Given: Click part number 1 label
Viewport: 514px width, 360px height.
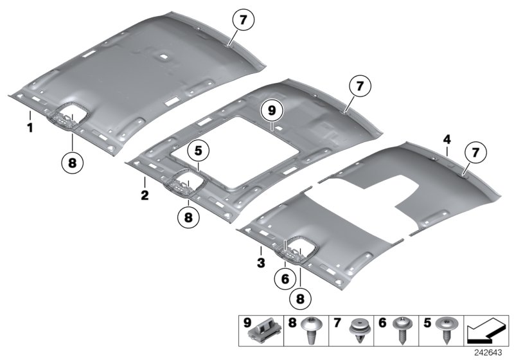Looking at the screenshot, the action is (30, 128).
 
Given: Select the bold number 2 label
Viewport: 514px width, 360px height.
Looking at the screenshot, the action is (145, 195).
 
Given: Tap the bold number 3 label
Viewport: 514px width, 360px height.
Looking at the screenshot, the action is (261, 263).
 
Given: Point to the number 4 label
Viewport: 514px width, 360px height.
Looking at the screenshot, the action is (447, 140).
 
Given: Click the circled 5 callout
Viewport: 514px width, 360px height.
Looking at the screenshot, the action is (199, 151).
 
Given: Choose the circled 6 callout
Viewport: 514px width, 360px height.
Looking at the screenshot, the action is (285, 279).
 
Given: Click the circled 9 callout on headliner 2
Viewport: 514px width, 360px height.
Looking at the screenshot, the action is (272, 111).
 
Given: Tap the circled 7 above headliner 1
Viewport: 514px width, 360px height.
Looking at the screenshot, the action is (243, 21).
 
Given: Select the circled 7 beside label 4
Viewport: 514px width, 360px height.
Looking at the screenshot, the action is (475, 152).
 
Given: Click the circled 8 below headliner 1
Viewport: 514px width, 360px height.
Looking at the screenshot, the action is (72, 162).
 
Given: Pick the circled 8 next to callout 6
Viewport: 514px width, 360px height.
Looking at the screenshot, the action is (300, 299).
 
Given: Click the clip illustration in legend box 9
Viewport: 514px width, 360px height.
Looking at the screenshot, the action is (265, 330).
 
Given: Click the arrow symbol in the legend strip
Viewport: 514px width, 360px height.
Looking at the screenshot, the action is (486, 332).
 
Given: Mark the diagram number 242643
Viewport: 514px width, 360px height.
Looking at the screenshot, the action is (488, 353).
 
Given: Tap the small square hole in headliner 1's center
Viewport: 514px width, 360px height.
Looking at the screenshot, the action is (163, 57).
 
